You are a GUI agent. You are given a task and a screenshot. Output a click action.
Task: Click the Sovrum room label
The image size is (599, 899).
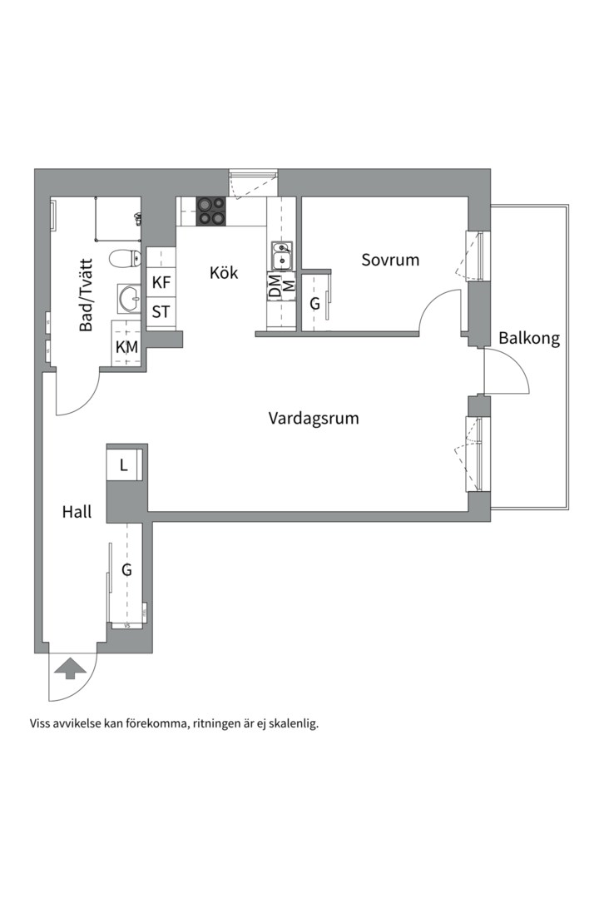tap(390, 260)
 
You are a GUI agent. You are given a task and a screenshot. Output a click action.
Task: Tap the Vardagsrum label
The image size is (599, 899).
tap(314, 419)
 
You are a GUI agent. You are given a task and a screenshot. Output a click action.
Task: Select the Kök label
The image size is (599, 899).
tap(224, 272)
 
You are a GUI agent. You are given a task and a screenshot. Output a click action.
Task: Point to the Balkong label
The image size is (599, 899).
tap(528, 338)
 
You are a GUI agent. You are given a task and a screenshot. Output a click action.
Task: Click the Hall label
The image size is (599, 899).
tap(77, 511)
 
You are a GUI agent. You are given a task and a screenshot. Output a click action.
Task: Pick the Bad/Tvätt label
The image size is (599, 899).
tap(86, 296)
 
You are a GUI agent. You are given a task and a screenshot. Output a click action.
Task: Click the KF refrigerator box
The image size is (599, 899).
tap(161, 282)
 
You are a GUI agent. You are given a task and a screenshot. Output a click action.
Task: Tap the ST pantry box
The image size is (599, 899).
tap(161, 312)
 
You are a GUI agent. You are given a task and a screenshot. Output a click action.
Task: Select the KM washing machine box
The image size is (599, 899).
tap(126, 347)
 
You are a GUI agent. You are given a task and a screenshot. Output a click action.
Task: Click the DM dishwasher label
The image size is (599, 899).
tap(275, 286)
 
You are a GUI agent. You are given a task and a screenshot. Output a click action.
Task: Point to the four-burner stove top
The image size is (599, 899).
tap(211, 211)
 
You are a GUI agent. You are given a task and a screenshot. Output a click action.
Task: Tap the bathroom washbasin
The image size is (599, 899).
tap(130, 298)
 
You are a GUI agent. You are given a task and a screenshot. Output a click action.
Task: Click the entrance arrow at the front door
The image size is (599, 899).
tap(69, 668)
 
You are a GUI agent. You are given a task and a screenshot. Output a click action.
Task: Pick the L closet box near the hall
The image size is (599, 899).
tap(124, 465)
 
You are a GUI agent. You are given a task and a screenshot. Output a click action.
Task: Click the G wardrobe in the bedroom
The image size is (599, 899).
tap(316, 302)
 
